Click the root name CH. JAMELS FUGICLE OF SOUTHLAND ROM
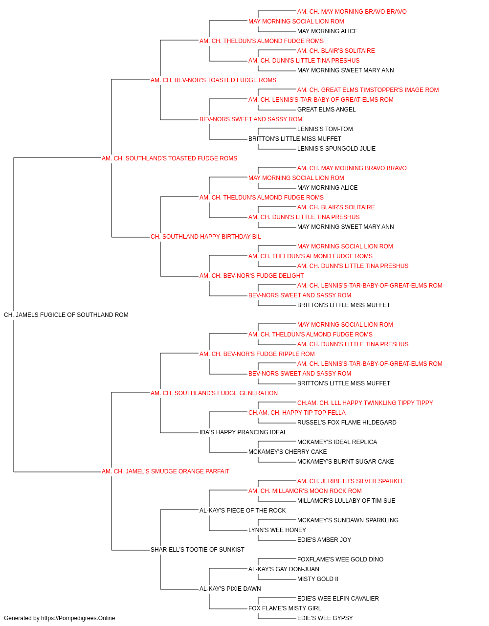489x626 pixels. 66,315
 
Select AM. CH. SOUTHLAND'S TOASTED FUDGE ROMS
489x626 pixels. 169,158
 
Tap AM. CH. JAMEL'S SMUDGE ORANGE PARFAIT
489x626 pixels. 165,471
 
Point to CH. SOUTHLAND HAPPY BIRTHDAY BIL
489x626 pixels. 205,237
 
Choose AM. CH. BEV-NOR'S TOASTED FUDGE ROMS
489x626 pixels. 213,80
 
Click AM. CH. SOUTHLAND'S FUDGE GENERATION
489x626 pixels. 214,393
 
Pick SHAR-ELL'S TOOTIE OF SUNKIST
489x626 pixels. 197,549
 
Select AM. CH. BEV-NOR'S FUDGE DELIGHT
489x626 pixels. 251,276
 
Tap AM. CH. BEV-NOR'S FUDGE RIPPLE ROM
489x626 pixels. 257,354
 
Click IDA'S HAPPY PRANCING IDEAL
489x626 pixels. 243,432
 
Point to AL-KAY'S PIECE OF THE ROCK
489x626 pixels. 243,511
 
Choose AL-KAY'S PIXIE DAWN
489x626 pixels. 230,588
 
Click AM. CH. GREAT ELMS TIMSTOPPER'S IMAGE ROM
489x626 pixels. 368,90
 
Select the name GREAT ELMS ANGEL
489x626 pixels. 326,110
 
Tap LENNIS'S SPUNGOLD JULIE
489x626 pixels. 336,149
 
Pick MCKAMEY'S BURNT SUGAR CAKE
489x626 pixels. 345,462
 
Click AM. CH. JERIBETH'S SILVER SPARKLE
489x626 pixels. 351,481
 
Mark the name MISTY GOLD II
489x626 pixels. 318,579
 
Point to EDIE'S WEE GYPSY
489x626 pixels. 325,618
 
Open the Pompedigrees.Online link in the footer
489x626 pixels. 78,618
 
